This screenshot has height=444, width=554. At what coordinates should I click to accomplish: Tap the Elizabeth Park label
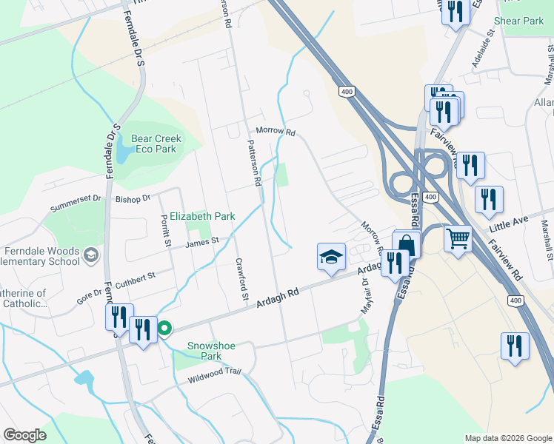pyautogui.click(x=202, y=216)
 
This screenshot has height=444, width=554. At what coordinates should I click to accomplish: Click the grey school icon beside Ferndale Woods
pyautogui.click(x=90, y=255)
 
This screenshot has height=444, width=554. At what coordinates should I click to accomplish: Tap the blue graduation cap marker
pyautogui.click(x=332, y=256)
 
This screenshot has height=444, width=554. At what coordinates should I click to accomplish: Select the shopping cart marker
pyautogui.click(x=458, y=239)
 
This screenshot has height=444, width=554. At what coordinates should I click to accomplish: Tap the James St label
pyautogui.click(x=202, y=241)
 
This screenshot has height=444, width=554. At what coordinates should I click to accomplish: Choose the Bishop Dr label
pyautogui.click(x=133, y=198)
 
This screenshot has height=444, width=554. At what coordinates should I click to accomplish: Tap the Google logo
pyautogui.click(x=24, y=435)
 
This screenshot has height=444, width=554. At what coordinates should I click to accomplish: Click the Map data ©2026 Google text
pyautogui.click(x=507, y=437)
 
